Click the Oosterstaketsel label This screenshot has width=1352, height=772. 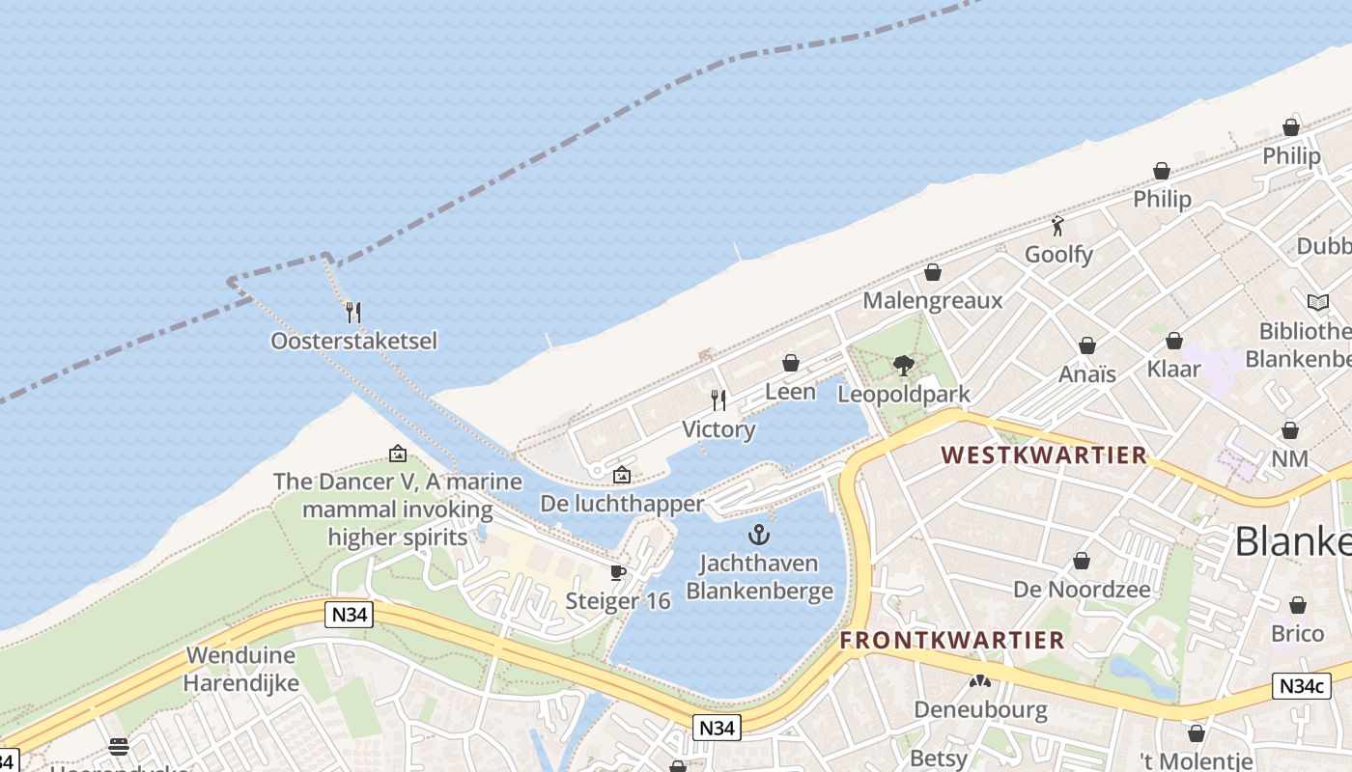pyautogui.click(x=353, y=341)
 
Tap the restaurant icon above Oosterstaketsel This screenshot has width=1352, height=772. pyautogui.click(x=353, y=312)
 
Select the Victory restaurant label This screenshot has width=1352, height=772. pyautogui.click(x=718, y=429)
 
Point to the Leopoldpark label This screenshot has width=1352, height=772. pyautogui.click(x=903, y=394)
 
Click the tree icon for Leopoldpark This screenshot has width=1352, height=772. pyautogui.click(x=903, y=366)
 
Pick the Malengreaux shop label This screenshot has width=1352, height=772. pyautogui.click(x=932, y=300)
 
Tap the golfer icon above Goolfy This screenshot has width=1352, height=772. pyautogui.click(x=1057, y=227)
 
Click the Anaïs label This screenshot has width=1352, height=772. pyautogui.click(x=1087, y=373)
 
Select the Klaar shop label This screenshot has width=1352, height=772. pyautogui.click(x=1173, y=368)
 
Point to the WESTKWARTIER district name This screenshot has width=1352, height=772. pyautogui.click(x=1044, y=455)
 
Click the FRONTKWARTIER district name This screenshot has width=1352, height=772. pyautogui.click(x=952, y=640)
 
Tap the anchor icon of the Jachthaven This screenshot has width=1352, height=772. pyautogui.click(x=759, y=535)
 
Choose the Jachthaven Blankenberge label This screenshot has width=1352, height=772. pyautogui.click(x=759, y=576)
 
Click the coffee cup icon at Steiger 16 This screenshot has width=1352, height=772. pyautogui.click(x=618, y=572)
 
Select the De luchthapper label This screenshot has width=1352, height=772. pyautogui.click(x=622, y=504)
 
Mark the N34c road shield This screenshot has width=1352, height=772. pyautogui.click(x=1300, y=686)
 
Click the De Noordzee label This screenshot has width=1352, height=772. pyautogui.click(x=1082, y=589)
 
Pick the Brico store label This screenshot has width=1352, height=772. pyautogui.click(x=1297, y=633)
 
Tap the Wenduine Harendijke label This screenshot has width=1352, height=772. pyautogui.click(x=242, y=669)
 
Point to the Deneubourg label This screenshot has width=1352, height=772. pyautogui.click(x=980, y=709)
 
